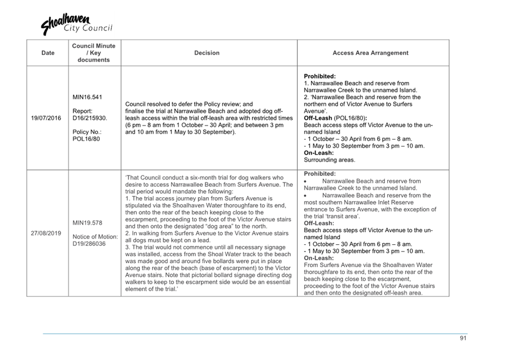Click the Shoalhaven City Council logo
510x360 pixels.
[x=76, y=25]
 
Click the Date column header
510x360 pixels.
[x=48, y=53]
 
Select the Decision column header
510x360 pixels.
[x=207, y=53]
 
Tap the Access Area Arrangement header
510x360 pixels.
[x=370, y=53]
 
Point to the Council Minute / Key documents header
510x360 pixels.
[x=94, y=53]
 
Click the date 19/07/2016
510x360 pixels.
[x=46, y=118]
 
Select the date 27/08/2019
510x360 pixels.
[x=46, y=233]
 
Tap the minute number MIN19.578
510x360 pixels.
[x=87, y=222]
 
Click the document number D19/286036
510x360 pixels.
[x=89, y=244]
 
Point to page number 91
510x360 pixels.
[x=463, y=339]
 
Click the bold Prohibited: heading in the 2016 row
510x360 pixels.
[x=320, y=76]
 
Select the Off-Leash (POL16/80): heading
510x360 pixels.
[x=336, y=118]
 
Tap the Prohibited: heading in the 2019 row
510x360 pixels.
[x=320, y=174]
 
